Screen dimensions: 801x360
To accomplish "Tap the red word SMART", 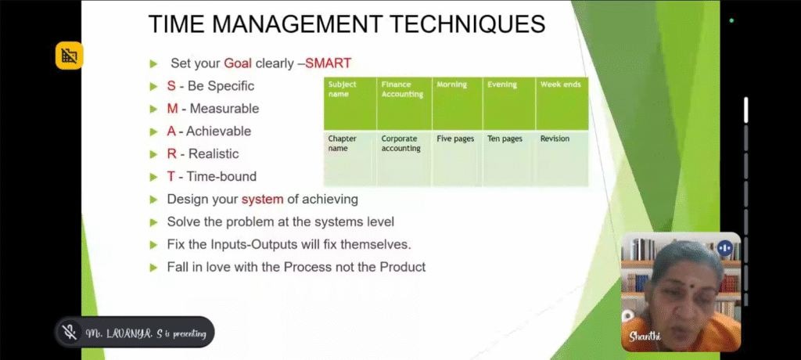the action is [x=328, y=63].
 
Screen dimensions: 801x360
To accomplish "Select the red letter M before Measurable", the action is [x=172, y=109].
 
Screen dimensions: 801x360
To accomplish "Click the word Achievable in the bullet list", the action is [x=218, y=131].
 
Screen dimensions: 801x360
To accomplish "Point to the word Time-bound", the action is [x=221, y=176].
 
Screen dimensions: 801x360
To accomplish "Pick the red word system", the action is [x=262, y=200].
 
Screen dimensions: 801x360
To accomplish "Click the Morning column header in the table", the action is [x=451, y=85].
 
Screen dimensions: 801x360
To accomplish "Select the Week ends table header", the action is [x=560, y=85].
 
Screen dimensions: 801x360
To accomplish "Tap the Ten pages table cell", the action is [x=505, y=139].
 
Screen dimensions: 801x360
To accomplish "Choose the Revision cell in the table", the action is [x=555, y=139].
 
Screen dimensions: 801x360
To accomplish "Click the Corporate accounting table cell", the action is [x=401, y=144].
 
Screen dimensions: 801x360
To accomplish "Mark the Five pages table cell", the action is [x=455, y=139].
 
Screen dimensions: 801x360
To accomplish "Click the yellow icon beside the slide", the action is [x=69, y=56].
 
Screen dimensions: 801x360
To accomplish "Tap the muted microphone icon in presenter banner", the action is [x=70, y=333].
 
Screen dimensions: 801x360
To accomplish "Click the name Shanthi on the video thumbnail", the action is [x=645, y=337].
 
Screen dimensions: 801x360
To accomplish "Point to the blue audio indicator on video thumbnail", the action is [x=725, y=249].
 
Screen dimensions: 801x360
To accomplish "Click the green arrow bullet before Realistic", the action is [x=153, y=154].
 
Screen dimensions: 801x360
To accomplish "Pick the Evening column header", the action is [x=501, y=85].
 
